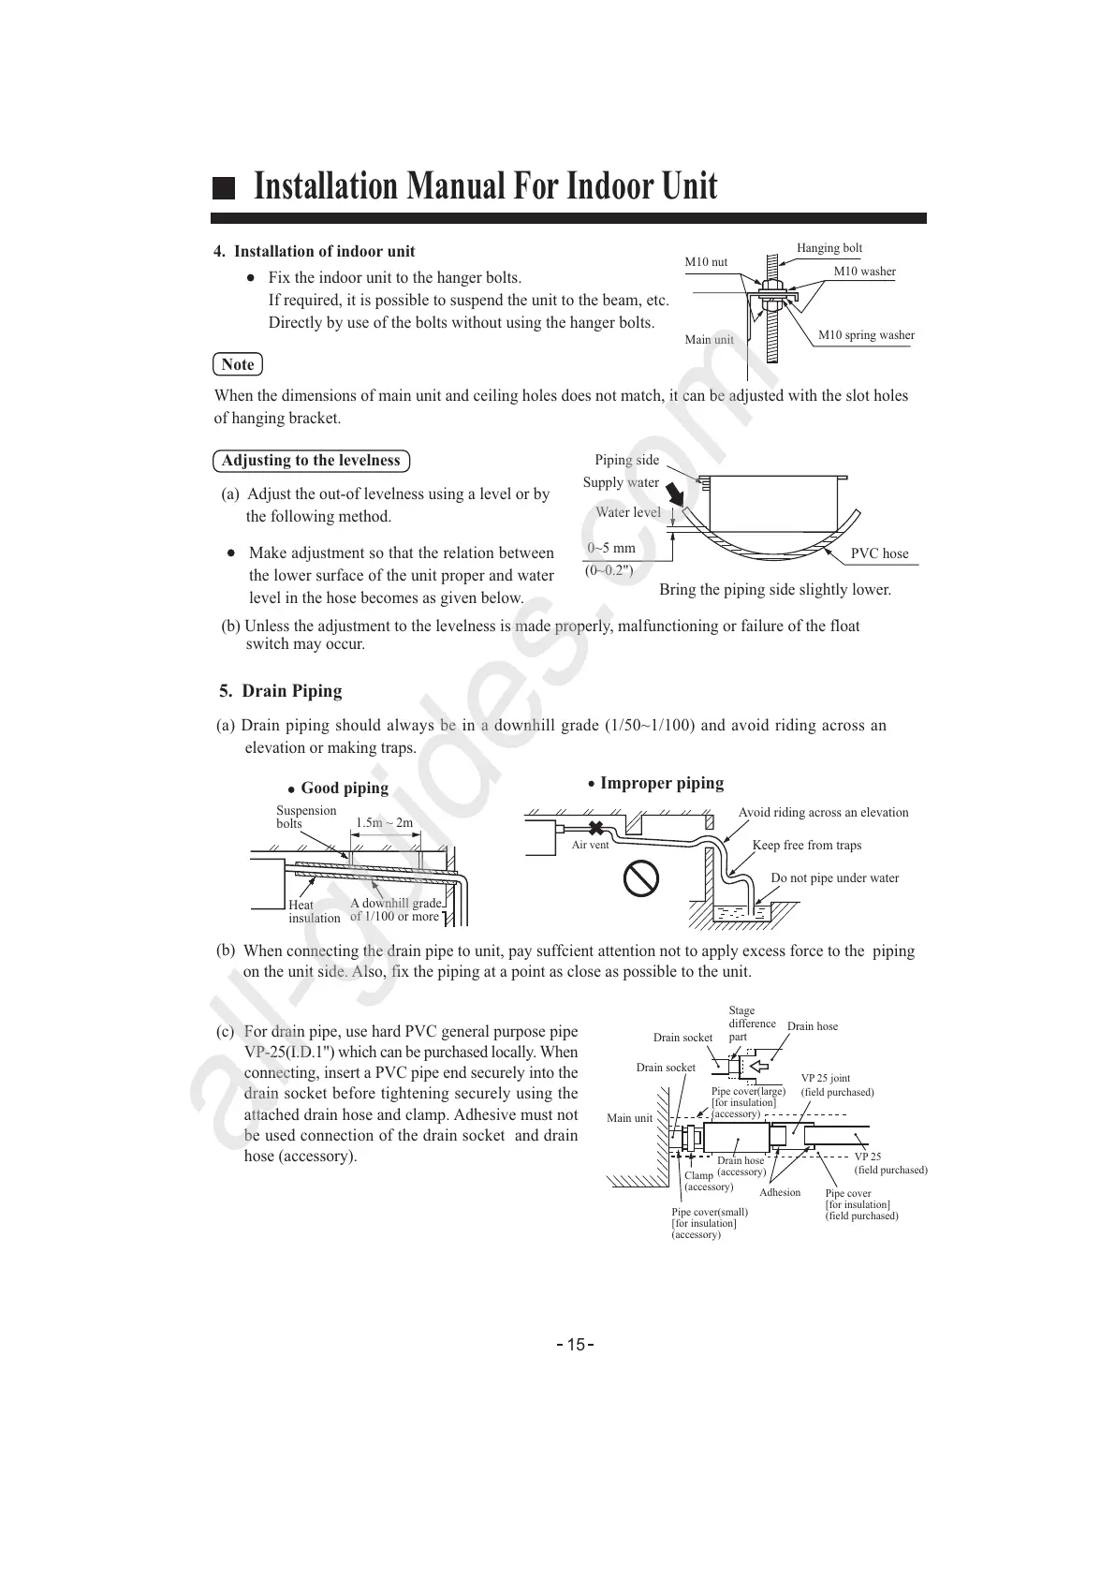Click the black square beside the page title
coord(223,187)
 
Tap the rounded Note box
coord(238,364)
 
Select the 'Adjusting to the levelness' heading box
coord(311,461)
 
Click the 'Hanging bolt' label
coord(829,248)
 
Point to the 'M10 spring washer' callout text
coord(866,335)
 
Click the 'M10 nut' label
coord(706,262)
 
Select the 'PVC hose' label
coord(879,553)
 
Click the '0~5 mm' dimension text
coord(611,548)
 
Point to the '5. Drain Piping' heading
coord(281,691)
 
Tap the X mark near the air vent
coord(594,828)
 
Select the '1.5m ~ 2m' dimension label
coord(384,823)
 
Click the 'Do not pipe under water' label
coord(834,878)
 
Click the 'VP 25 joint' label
coord(826,1079)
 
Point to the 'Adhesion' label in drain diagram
coord(780,1192)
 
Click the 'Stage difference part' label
coord(751,1024)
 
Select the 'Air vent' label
coord(590,845)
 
